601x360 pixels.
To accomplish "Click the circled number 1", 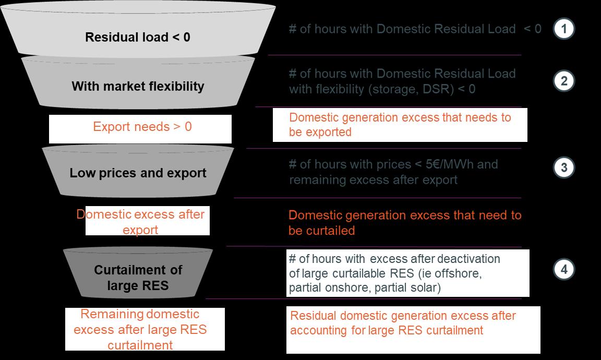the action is click(563, 29).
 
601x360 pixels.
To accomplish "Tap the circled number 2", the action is click(563, 81).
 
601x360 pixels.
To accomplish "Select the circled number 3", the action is click(563, 167).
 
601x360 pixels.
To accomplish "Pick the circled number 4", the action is click(563, 270).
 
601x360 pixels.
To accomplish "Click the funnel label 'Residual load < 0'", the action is click(138, 38).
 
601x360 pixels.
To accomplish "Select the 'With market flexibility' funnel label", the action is click(138, 86).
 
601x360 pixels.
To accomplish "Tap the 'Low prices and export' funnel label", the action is click(138, 173).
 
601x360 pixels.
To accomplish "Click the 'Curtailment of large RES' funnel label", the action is click(138, 278).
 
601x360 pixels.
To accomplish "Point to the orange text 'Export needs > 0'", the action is click(142, 127).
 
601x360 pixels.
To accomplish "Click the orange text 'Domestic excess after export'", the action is click(140, 222).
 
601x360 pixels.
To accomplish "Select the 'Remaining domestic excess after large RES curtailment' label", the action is click(140, 330).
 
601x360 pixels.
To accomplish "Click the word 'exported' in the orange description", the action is click(328, 133).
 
